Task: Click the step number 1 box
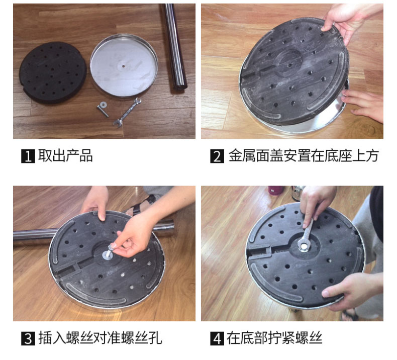tap(28, 156)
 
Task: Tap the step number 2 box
tap(217, 156)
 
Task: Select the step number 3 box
tap(28, 338)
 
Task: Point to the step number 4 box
tap(217, 338)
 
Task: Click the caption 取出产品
tap(65, 155)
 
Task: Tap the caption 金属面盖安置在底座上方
tap(304, 155)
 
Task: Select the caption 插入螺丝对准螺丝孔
tap(100, 338)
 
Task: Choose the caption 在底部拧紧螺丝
tap(274, 338)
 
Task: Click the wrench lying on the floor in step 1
tap(127, 112)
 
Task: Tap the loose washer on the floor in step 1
tap(104, 104)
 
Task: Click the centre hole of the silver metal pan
tap(123, 66)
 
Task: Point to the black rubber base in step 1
tap(53, 73)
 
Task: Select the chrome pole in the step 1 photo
tap(175, 46)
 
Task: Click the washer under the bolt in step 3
tap(108, 255)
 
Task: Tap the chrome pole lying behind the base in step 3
tap(94, 231)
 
